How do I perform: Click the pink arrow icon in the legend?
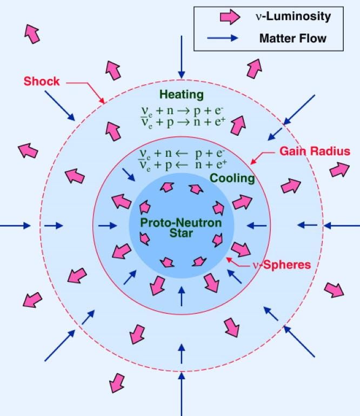click(230, 17)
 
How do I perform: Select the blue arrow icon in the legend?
click(222, 38)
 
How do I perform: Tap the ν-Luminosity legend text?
click(293, 16)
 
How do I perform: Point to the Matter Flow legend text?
click(292, 38)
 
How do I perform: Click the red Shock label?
click(42, 81)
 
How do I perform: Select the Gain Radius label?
click(315, 151)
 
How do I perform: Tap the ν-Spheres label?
click(282, 265)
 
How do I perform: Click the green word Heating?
click(182, 95)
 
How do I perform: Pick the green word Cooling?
click(232, 178)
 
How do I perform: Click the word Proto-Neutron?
click(181, 222)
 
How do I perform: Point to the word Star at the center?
click(181, 233)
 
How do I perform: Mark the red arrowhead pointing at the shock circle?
click(102, 101)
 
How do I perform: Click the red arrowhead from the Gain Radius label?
click(253, 161)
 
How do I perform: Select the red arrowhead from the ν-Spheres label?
click(229, 260)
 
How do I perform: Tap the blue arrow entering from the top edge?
click(182, 57)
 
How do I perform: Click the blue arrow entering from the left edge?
click(15, 226)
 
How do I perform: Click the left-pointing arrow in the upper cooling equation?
click(182, 153)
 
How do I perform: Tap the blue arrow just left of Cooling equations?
click(129, 175)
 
